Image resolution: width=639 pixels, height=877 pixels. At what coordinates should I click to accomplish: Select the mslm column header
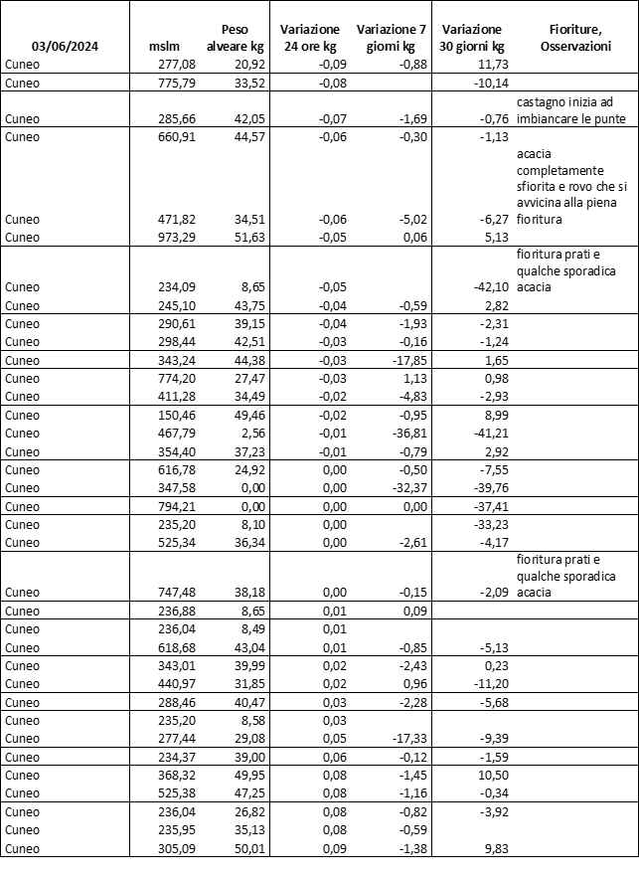164,47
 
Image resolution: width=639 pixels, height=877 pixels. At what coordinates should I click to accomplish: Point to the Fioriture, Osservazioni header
576,38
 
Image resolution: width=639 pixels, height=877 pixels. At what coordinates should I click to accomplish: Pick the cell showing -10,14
488,83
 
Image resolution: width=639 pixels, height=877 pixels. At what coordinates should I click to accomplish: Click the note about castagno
571,110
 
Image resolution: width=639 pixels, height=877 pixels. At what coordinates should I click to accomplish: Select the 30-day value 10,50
490,775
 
